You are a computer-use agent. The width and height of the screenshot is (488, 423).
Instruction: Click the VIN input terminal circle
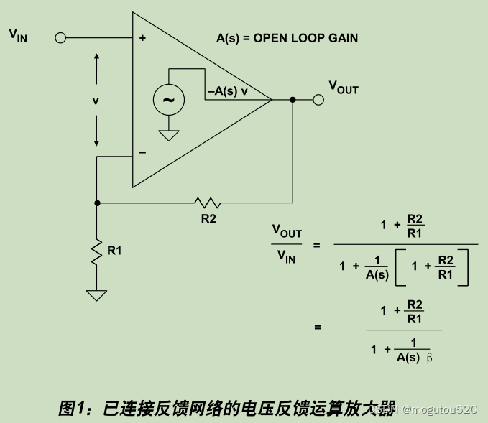(60, 37)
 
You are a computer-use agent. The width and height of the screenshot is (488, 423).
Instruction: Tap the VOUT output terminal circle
(318, 100)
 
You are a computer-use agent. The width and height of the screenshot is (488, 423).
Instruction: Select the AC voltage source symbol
(168, 101)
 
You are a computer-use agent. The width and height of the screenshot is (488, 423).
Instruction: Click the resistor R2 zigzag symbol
(208, 203)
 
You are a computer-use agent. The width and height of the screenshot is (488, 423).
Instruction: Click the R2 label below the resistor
(208, 219)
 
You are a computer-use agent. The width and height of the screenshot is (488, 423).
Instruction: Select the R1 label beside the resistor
(114, 251)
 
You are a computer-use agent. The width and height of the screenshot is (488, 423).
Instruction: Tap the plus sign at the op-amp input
(142, 38)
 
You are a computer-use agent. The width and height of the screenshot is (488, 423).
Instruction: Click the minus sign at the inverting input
(142, 152)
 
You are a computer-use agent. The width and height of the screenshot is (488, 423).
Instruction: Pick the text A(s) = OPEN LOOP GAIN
(287, 38)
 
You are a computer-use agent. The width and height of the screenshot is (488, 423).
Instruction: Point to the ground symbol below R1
(97, 294)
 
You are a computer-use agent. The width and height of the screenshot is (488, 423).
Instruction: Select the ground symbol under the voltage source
(168, 135)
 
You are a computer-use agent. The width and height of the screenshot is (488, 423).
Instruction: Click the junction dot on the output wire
(293, 100)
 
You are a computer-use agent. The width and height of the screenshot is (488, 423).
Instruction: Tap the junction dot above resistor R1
(97, 203)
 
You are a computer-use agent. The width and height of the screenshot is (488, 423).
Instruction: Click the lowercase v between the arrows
(96, 101)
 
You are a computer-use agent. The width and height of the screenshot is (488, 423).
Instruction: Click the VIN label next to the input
(18, 34)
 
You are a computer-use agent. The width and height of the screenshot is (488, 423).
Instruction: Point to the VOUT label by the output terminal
(344, 88)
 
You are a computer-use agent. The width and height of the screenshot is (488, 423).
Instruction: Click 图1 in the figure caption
(72, 409)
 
